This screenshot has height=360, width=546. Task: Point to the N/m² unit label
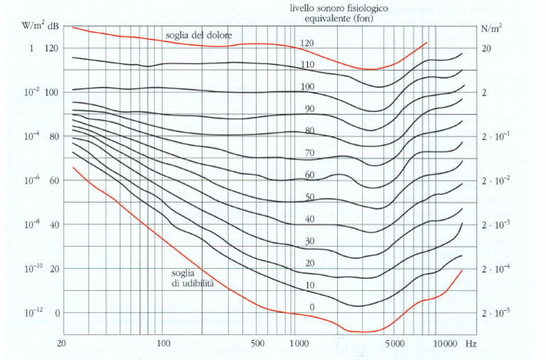[x=491, y=30]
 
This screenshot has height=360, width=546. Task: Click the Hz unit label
[x=471, y=343]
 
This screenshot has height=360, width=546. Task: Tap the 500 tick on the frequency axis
[x=259, y=343]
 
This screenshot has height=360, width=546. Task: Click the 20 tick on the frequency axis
[x=62, y=343]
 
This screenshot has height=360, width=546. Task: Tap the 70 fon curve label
[x=309, y=153]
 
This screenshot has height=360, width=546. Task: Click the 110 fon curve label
[x=307, y=65]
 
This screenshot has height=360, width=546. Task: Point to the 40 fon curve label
[x=309, y=219]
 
